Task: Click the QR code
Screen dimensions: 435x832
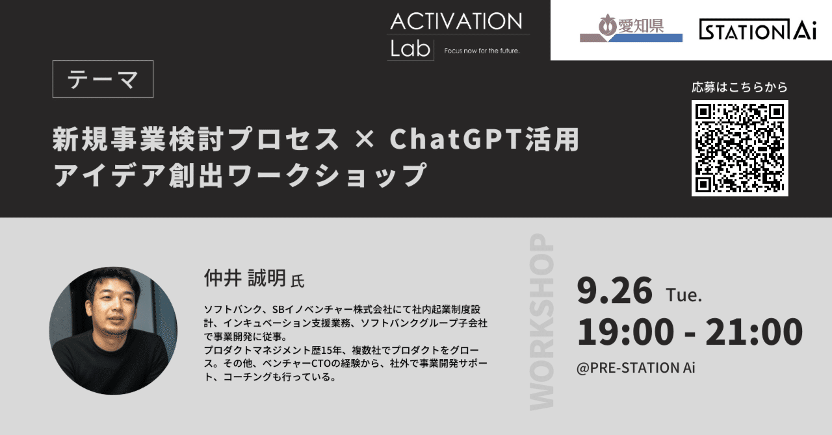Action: (740, 148)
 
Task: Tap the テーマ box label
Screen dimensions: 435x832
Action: (103, 79)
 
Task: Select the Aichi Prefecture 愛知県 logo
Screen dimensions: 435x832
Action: (630, 30)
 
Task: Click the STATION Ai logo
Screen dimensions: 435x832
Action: (758, 30)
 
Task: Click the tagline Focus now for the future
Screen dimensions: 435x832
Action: (482, 51)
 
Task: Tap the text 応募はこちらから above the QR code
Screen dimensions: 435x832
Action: (740, 87)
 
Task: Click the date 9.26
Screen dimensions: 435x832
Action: (614, 291)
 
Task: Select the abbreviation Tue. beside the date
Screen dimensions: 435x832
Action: (684, 295)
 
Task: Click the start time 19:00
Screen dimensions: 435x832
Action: (625, 332)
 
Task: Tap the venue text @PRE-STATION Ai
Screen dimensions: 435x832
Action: (636, 367)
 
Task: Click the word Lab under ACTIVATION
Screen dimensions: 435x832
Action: (410, 48)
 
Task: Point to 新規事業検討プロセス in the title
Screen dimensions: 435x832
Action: (196, 140)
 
